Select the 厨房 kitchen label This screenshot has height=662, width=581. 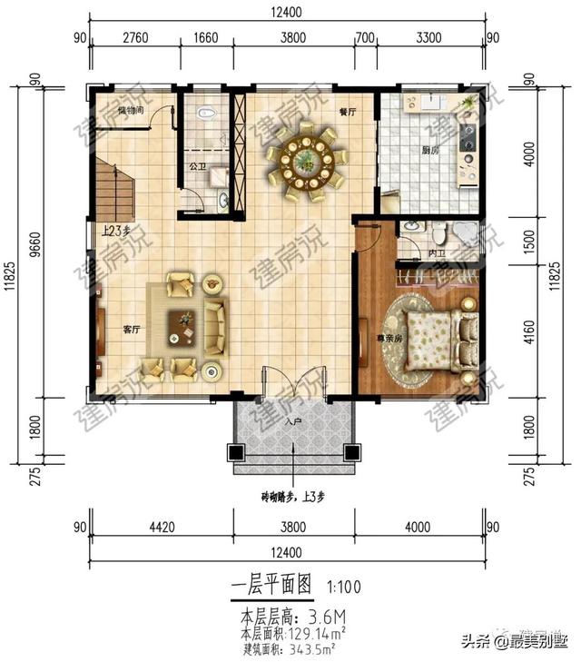pyautogui.click(x=429, y=150)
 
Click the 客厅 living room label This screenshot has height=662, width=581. pyautogui.click(x=131, y=330)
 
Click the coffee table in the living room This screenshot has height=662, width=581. pyautogui.click(x=185, y=326)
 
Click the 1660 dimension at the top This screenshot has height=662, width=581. pyautogui.click(x=206, y=38)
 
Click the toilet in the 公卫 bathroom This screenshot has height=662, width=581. pyautogui.click(x=206, y=114)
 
